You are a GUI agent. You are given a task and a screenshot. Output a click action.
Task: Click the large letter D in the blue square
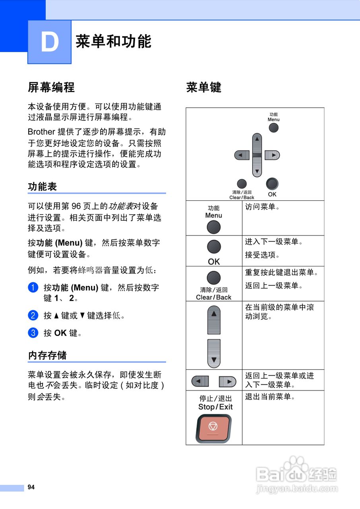coord(50,42)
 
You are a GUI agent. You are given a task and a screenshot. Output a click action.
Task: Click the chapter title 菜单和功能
coord(114,41)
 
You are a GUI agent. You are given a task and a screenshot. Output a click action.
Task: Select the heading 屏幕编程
coord(51,87)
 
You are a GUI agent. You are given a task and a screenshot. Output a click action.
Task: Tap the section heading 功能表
coord(43,187)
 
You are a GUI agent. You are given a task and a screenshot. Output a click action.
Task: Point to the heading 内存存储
coord(47,355)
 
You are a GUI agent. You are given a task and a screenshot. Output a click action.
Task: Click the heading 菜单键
coord(204,87)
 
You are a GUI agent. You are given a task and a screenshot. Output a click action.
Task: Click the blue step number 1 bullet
coord(33,288)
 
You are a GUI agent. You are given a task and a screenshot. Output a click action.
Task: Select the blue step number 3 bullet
coord(33,332)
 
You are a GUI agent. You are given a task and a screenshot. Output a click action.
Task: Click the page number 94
coord(31,487)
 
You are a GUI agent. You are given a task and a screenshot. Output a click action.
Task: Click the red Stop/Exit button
coord(213,428)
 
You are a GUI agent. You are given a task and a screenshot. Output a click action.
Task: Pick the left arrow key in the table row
coord(200,382)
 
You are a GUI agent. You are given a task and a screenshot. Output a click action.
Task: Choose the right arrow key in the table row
coord(227,382)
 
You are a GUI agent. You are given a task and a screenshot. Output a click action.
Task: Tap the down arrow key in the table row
coord(214,354)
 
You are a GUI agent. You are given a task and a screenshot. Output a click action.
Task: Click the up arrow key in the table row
coord(214,320)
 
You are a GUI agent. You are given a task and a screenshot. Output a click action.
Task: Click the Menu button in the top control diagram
coord(273,128)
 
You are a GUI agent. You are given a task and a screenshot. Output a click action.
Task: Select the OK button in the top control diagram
coord(272,183)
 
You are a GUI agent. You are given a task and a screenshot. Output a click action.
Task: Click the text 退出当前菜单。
coord(270,397)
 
